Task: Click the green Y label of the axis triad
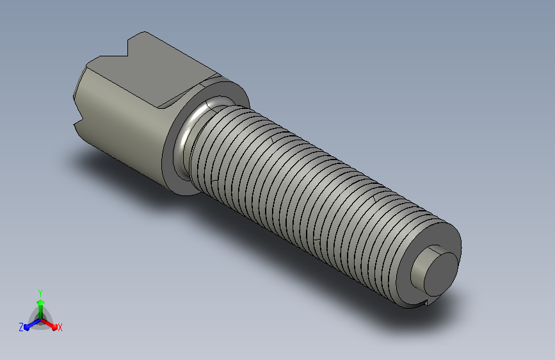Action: click(40, 293)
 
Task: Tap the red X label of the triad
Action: click(60, 327)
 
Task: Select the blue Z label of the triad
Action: click(21, 327)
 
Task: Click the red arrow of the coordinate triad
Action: click(49, 324)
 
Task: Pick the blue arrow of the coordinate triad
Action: click(32, 325)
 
